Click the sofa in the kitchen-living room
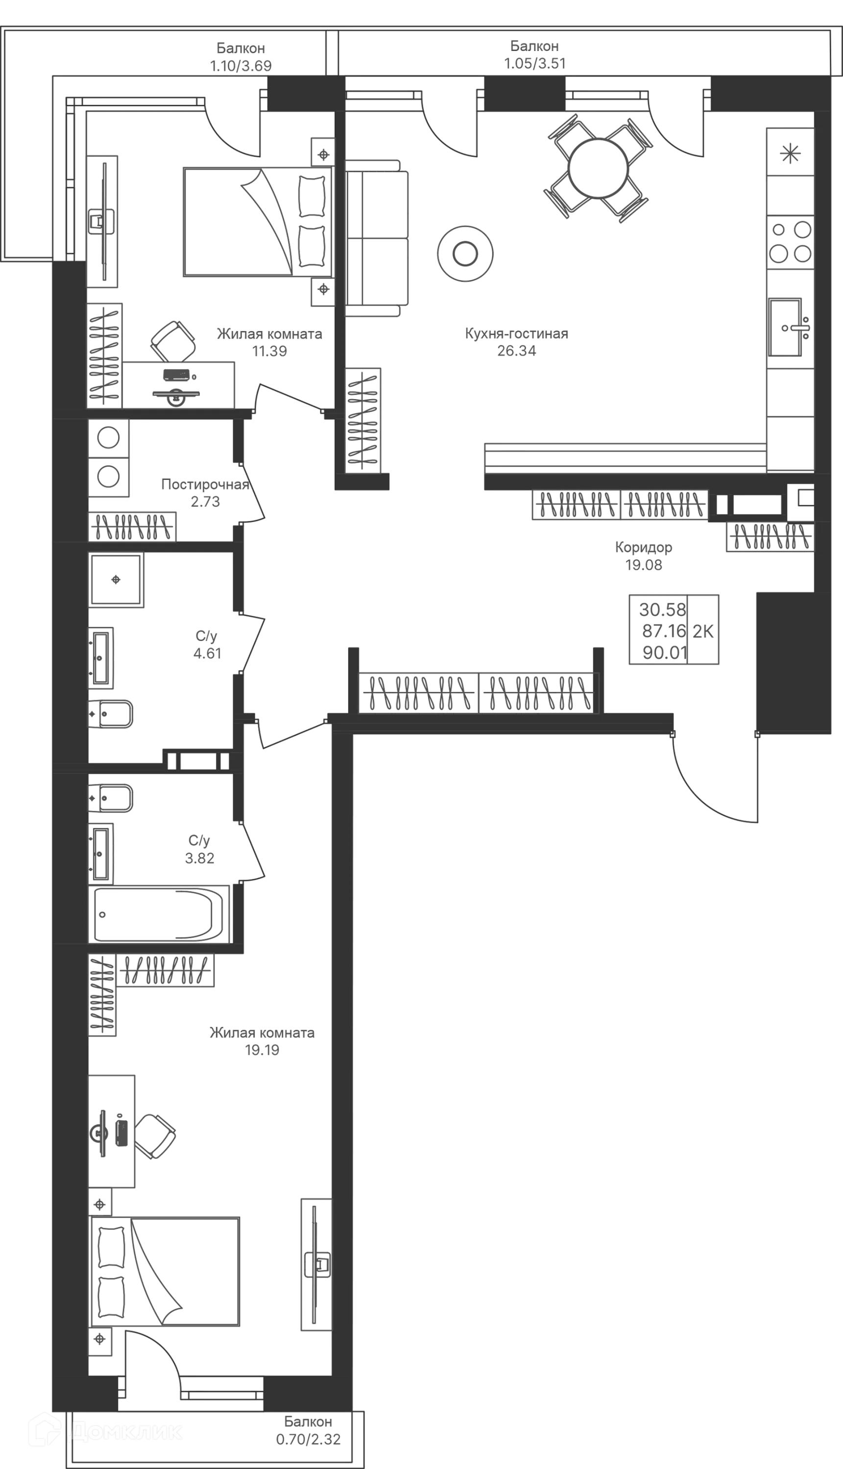click(378, 238)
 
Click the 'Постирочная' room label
click(206, 484)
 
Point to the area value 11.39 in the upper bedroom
click(270, 351)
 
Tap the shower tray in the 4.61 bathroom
click(116, 581)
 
